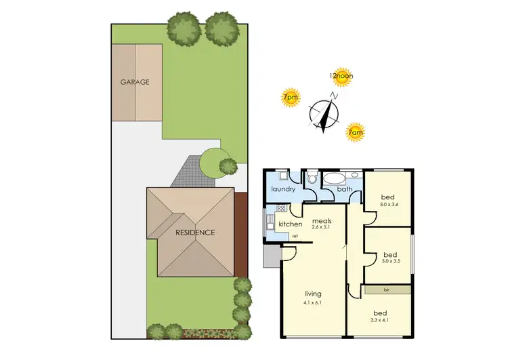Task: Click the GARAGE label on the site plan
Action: pos(135,82)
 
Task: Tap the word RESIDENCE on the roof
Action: pos(195,233)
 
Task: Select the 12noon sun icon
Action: pos(341,77)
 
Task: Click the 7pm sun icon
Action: pos(290,98)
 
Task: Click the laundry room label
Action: pos(283,189)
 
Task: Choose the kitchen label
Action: pos(290,224)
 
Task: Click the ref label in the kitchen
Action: pos(295,236)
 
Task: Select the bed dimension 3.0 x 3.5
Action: pos(391,260)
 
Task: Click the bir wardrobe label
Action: pos(386,289)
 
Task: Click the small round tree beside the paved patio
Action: pos(228,165)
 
